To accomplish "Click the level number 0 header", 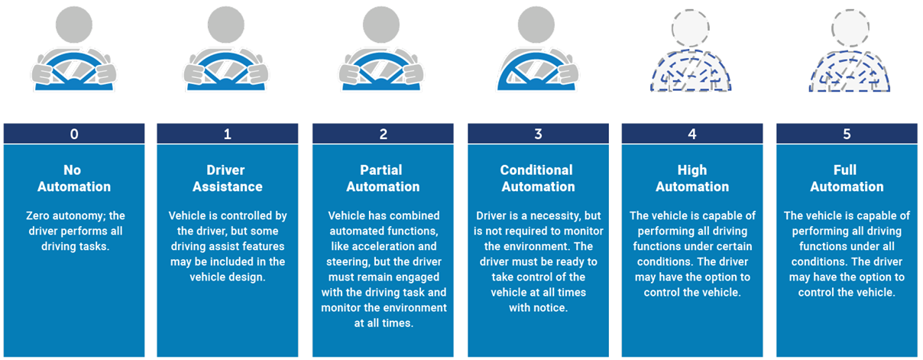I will click(x=73, y=134).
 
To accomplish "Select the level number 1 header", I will click(x=227, y=134).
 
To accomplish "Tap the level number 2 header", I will click(x=383, y=134).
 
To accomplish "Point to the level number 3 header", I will click(x=538, y=134).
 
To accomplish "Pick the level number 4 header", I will click(x=692, y=134).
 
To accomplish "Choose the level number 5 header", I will click(x=847, y=134).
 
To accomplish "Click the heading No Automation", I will click(x=73, y=178).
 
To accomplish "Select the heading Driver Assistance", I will click(x=227, y=178).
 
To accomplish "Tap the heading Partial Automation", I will click(x=383, y=178).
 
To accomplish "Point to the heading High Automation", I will click(x=692, y=178).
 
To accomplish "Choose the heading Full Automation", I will click(x=847, y=178).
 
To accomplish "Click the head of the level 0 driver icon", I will click(x=73, y=26).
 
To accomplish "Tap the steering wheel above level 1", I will click(x=227, y=73).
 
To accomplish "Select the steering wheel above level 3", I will click(x=538, y=73).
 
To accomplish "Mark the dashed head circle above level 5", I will click(x=847, y=29).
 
